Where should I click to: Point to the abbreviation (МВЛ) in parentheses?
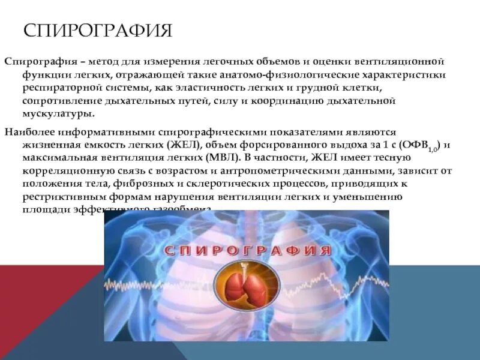click(220, 157)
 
